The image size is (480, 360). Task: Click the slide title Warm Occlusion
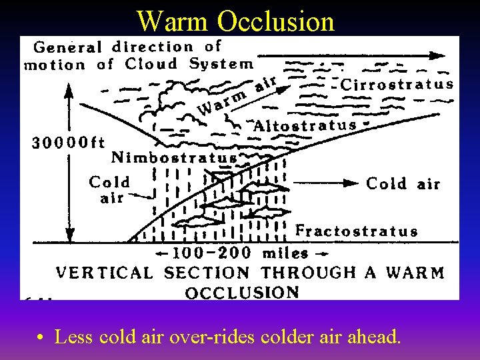235,21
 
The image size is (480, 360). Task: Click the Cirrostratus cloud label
397,85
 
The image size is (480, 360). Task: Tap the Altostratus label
306,125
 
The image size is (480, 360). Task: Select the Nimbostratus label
173,158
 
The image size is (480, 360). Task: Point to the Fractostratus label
357,231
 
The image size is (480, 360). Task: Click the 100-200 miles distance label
241,253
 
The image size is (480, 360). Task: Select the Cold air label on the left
109,189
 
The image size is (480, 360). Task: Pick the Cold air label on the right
403,184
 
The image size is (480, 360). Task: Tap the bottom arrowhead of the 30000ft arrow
68,237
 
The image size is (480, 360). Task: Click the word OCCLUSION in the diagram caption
242,292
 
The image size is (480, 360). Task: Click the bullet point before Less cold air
41,338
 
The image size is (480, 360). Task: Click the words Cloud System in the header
189,65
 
